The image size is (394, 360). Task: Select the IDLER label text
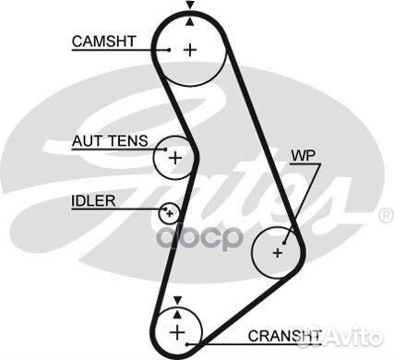(92, 199)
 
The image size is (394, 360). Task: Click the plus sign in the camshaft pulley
(189, 50)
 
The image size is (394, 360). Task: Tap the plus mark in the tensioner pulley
(174, 158)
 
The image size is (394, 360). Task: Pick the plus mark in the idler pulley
(168, 213)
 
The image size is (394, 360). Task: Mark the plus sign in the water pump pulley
(278, 250)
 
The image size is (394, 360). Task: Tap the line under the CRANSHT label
(254, 343)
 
